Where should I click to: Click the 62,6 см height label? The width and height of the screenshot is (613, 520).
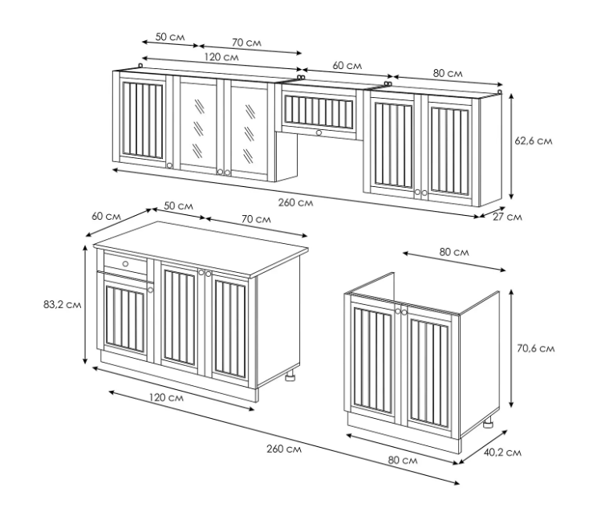click(534, 140)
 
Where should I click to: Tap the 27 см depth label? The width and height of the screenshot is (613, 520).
click(507, 217)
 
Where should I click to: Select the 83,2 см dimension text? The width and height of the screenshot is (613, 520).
click(62, 304)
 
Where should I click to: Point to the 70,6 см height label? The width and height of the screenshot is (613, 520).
click(536, 348)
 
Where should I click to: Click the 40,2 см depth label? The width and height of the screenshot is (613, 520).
click(502, 453)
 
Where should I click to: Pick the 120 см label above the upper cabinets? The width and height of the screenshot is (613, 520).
click(221, 57)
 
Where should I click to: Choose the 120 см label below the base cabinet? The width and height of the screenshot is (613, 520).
click(166, 398)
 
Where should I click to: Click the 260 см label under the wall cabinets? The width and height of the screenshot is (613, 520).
click(295, 202)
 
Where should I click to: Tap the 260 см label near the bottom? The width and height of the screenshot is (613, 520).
click(284, 449)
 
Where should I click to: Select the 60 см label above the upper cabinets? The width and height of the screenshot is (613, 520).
click(347, 65)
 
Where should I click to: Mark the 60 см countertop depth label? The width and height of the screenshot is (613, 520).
click(107, 216)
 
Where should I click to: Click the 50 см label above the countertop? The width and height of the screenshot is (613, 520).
click(178, 205)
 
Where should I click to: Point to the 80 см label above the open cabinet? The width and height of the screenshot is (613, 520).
click(454, 252)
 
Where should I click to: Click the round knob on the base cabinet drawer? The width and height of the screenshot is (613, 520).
click(125, 264)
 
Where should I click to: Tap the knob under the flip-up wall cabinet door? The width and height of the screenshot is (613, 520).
click(319, 133)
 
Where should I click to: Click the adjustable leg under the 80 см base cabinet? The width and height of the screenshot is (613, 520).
click(488, 423)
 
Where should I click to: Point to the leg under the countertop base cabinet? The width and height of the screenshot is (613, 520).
click(290, 376)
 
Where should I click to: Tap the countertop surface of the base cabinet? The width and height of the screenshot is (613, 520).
click(201, 246)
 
